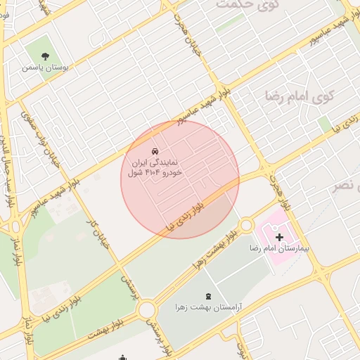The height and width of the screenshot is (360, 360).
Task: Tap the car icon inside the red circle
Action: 154,152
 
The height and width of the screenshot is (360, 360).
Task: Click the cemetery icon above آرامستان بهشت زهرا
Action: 207,297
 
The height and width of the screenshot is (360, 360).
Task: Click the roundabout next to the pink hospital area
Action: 246,225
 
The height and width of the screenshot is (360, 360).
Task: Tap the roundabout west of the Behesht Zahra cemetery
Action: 147,309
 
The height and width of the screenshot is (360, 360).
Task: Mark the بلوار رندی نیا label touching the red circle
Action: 188,213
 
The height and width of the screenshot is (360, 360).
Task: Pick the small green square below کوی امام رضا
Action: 324,124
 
